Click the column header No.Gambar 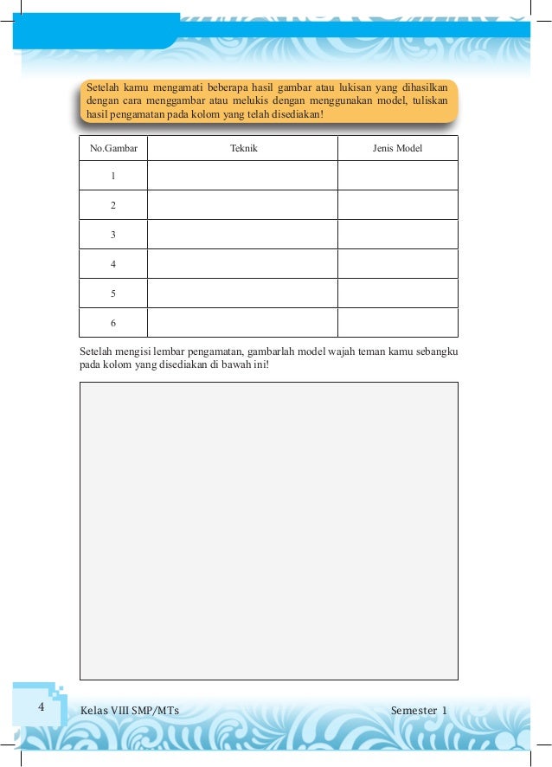tap(113, 148)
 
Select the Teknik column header tap(243, 148)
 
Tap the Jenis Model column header tap(397, 148)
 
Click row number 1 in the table tap(113, 177)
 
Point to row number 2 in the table tap(113, 206)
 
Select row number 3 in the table tap(113, 235)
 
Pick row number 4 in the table tap(113, 264)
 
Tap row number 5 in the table tap(113, 293)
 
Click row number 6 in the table tap(113, 323)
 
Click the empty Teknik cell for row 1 tap(242, 176)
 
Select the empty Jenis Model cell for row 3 tap(397, 235)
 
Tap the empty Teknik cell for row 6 tap(242, 322)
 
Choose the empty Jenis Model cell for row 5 tap(397, 293)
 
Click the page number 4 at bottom tap(41, 707)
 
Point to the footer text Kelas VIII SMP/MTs tap(129, 712)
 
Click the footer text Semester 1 tap(419, 712)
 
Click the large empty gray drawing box tap(268, 531)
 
